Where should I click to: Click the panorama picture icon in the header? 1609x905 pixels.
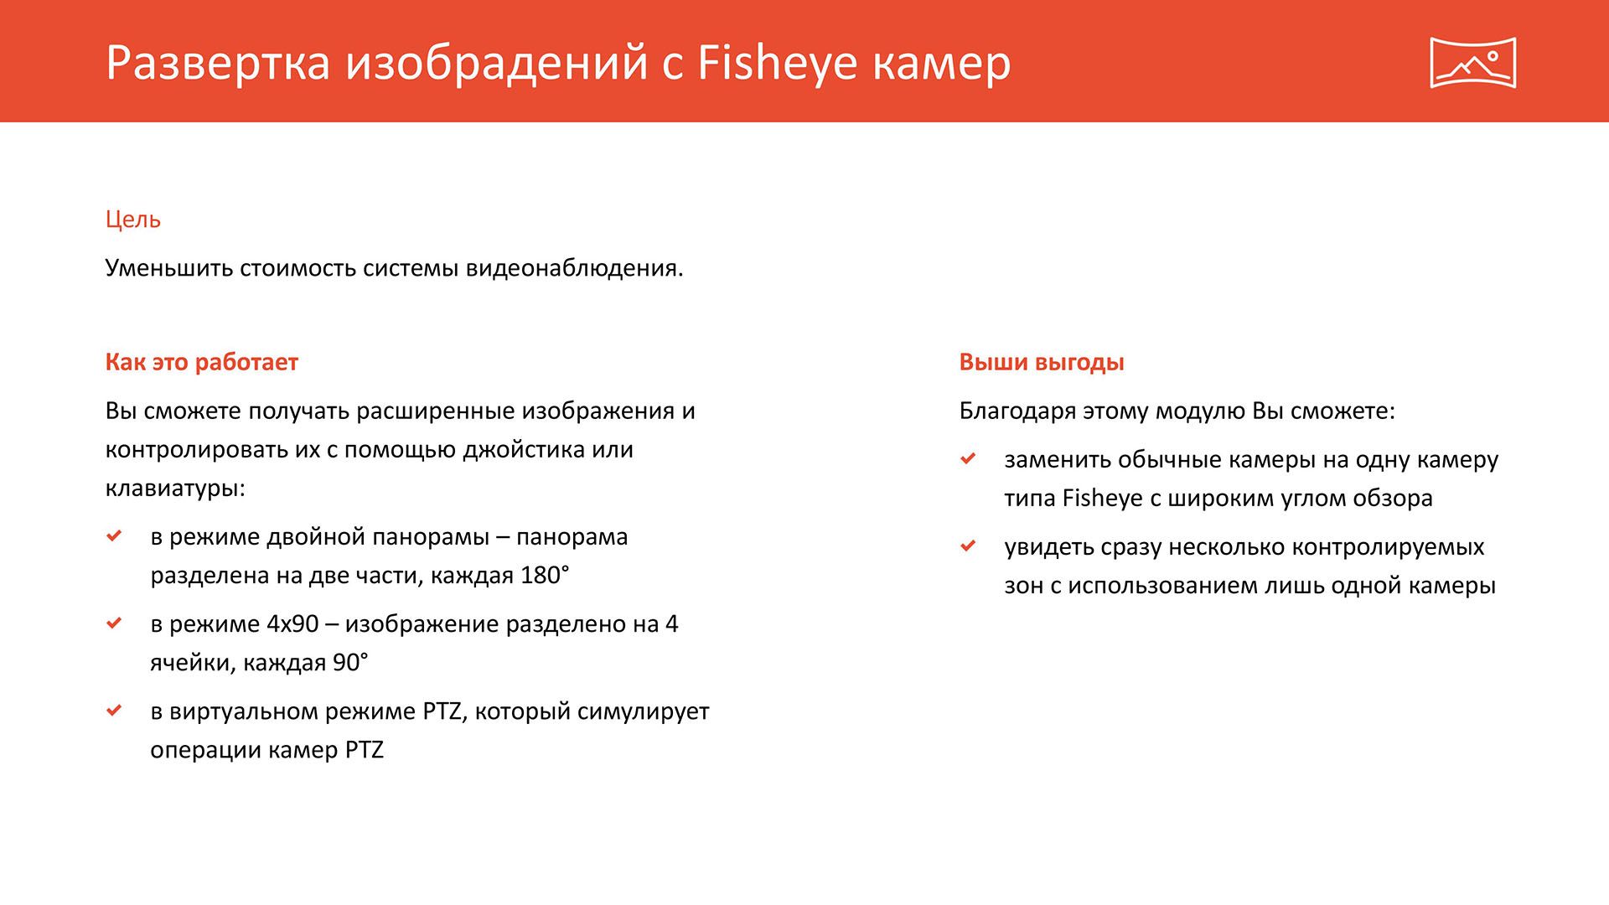coord(1472,62)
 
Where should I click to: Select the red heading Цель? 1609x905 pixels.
coord(133,220)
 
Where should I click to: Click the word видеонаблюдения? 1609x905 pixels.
coord(574,268)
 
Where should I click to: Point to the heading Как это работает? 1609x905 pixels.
coord(202,362)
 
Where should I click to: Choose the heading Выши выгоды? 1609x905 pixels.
coord(1042,362)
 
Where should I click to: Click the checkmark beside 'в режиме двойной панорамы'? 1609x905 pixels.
coord(115,535)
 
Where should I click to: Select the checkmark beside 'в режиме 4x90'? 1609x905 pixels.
coord(115,623)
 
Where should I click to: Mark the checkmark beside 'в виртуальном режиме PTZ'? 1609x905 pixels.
coord(115,710)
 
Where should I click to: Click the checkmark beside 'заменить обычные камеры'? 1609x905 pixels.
coord(969,458)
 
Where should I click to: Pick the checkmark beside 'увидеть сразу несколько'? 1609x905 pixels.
coord(969,546)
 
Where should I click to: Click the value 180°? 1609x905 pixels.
coord(545,576)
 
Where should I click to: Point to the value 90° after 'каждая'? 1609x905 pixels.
coord(350,663)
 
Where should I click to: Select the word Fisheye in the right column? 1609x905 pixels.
coord(1102,499)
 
